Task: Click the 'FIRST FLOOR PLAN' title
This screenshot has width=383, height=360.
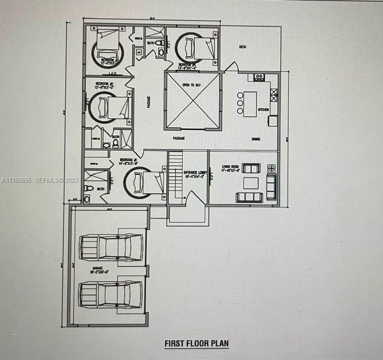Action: click(x=196, y=343)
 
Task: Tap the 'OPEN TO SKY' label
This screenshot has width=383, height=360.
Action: click(x=192, y=85)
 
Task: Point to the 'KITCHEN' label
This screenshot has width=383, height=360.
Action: click(x=264, y=110)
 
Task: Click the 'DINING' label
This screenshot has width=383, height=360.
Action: click(x=256, y=139)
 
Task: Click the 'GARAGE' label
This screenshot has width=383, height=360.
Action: click(x=97, y=269)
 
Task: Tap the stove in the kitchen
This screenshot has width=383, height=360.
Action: click(x=259, y=78)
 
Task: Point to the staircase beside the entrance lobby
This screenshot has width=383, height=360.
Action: click(x=175, y=175)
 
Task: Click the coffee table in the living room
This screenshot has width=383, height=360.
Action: click(x=251, y=183)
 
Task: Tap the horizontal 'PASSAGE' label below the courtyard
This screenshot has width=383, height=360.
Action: click(x=179, y=138)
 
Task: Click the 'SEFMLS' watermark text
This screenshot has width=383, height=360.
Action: click(x=49, y=180)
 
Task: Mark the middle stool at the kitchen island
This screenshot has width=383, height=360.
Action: click(x=240, y=103)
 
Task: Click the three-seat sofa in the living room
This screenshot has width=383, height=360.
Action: click(x=249, y=197)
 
